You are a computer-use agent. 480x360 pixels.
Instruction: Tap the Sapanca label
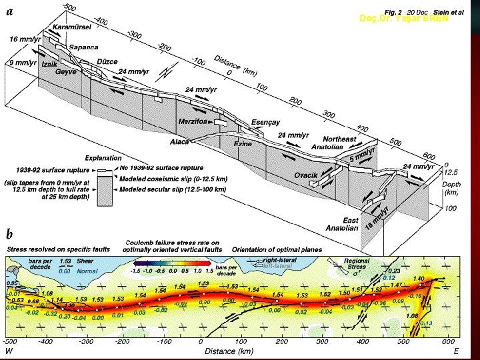(x=85, y=48)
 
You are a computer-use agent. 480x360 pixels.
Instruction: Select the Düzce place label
(x=107, y=61)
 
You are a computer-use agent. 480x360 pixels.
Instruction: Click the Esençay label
(x=266, y=122)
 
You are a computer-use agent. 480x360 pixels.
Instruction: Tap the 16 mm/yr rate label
(x=25, y=39)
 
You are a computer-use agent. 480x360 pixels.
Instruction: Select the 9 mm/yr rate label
(x=22, y=63)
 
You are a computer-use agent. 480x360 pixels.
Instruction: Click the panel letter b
(x=10, y=234)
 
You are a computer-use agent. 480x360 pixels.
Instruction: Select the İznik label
(x=49, y=64)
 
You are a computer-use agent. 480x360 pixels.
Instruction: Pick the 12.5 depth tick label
(x=451, y=172)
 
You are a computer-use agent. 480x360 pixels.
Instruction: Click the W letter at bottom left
(x=9, y=351)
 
